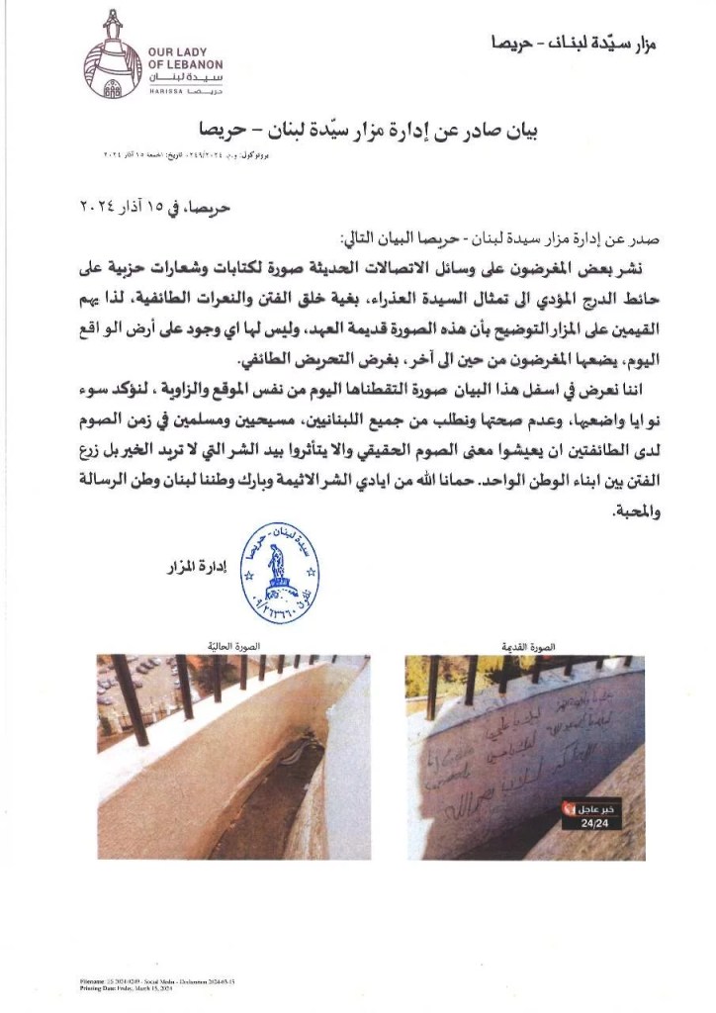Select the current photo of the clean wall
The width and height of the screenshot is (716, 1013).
[x=233, y=756]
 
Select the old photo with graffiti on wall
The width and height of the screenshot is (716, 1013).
[x=511, y=756]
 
